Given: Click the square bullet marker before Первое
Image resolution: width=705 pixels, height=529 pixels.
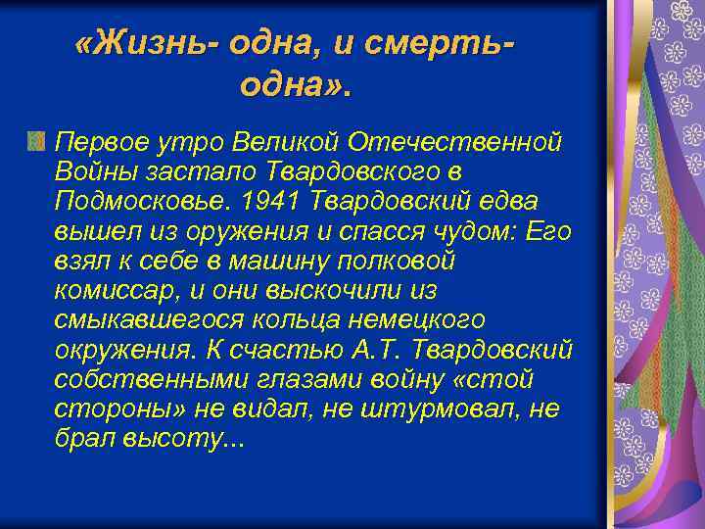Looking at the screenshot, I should point(36,143).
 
